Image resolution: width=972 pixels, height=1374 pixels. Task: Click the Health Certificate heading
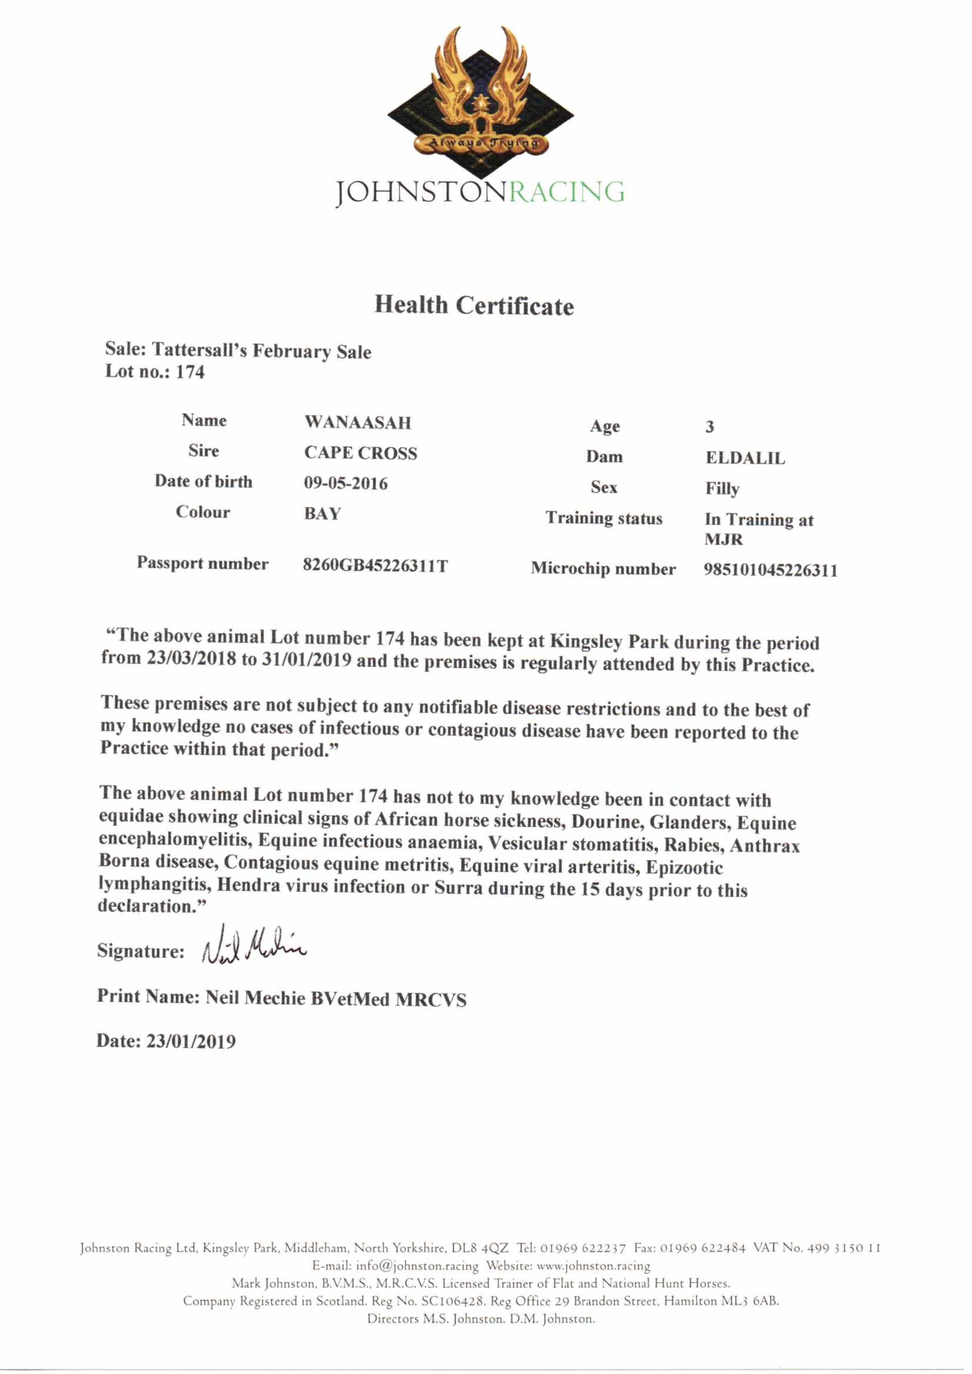(x=474, y=305)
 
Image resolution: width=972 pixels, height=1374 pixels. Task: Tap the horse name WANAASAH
(x=357, y=422)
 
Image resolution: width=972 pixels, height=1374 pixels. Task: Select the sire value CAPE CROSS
(x=360, y=453)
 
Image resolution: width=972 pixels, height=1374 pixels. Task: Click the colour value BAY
(x=322, y=513)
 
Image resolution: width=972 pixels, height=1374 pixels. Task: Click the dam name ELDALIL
(x=744, y=458)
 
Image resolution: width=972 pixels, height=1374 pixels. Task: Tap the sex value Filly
(x=722, y=489)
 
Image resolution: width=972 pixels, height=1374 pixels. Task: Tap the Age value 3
(x=709, y=427)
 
